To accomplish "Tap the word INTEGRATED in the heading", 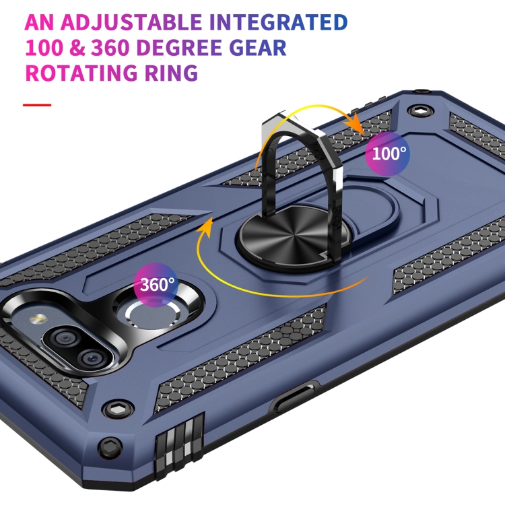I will click(x=279, y=23).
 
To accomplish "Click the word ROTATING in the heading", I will click(x=84, y=73).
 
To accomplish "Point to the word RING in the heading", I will click(x=174, y=73).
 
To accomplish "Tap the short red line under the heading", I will click(x=37, y=105).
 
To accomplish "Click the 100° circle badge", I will click(x=389, y=154).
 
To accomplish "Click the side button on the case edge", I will click(x=296, y=400).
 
